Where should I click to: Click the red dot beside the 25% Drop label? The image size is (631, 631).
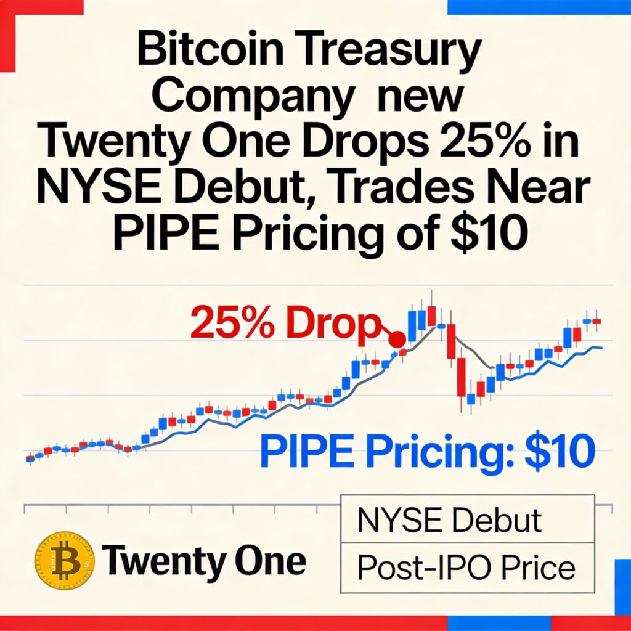[397, 339]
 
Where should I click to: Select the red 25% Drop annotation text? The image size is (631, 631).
[283, 325]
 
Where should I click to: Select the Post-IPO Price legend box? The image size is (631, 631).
[467, 567]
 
